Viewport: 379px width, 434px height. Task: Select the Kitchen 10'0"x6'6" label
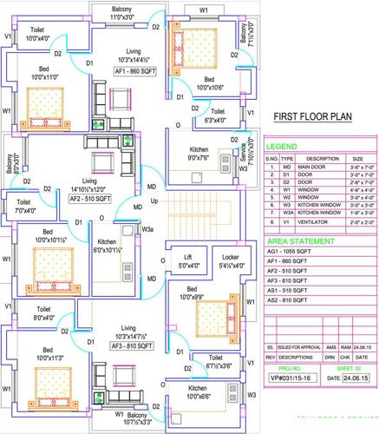(x=204, y=391)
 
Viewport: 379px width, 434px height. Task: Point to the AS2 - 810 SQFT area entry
(x=290, y=300)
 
